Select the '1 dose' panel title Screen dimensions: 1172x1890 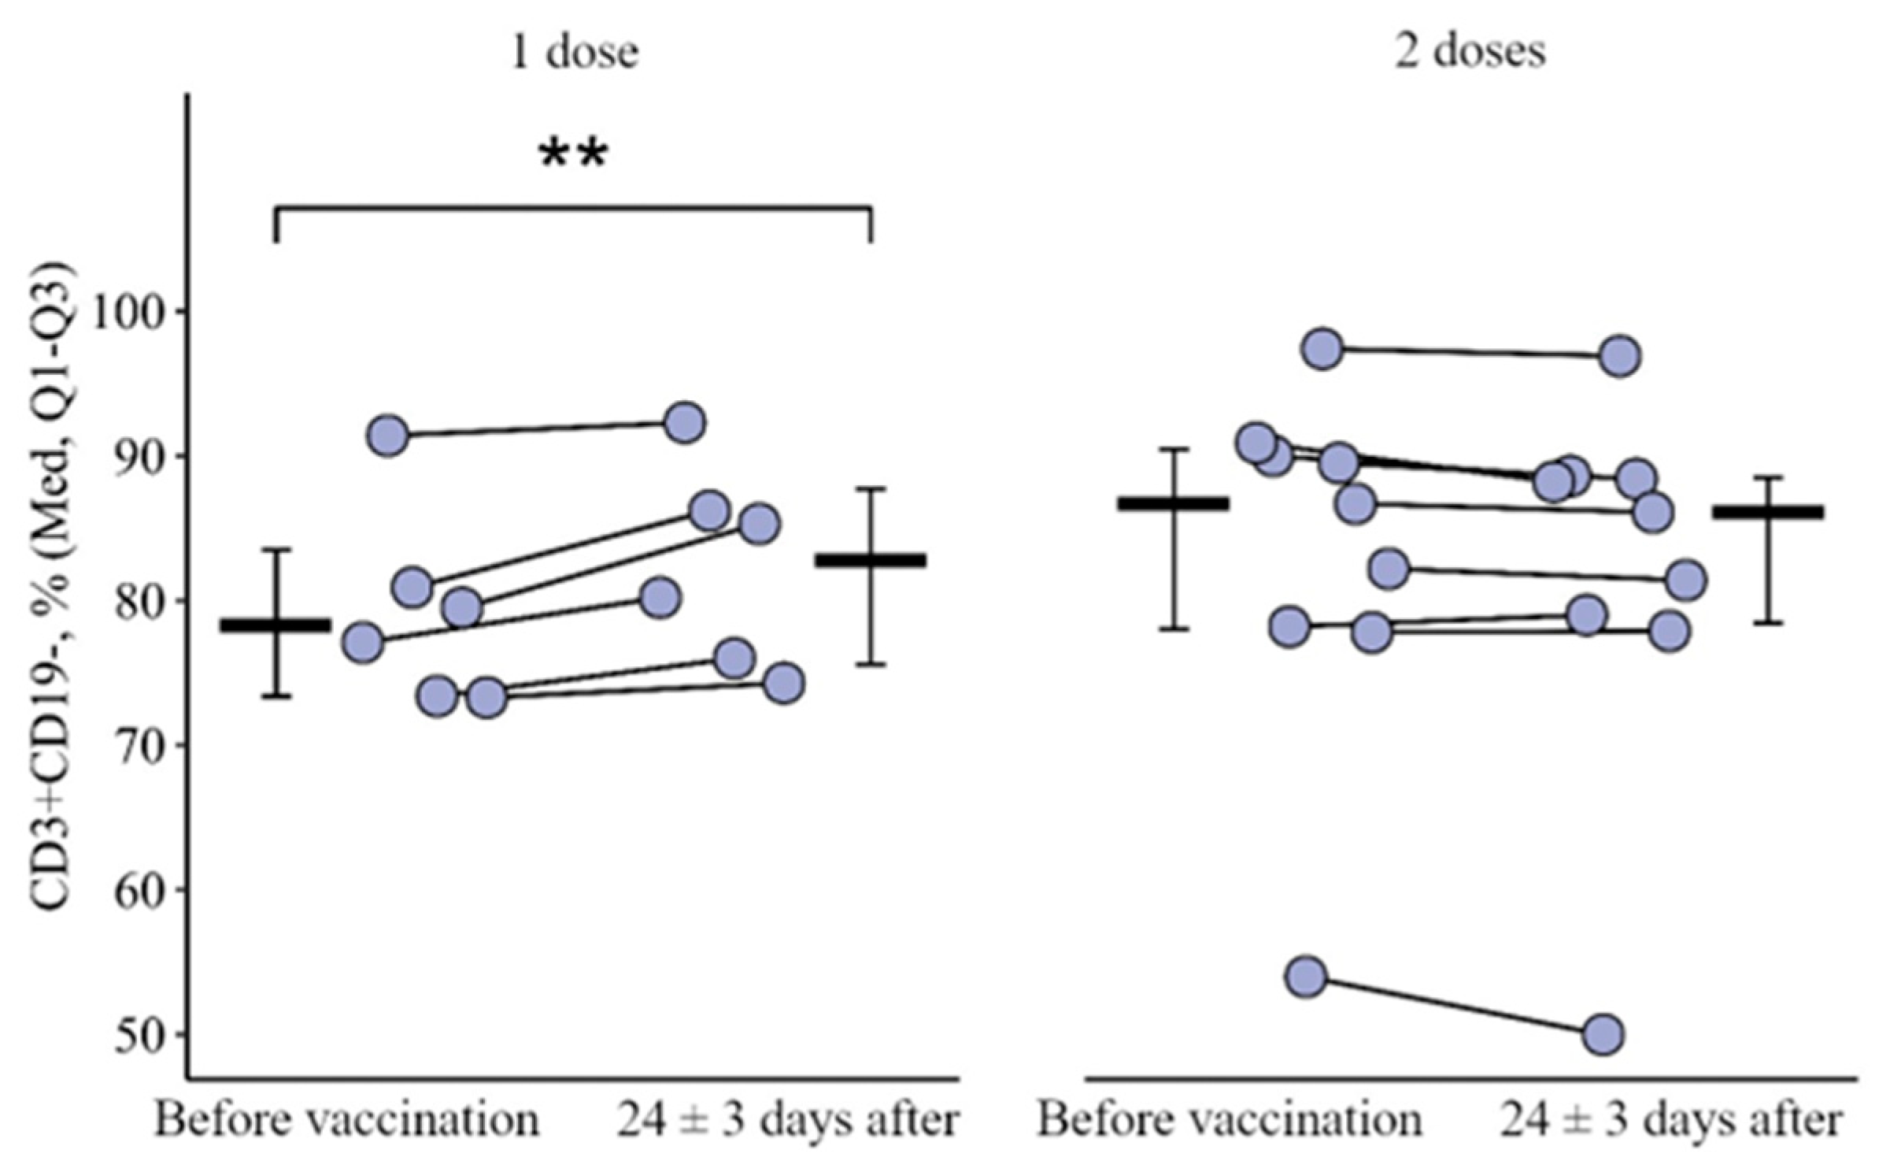coord(574,51)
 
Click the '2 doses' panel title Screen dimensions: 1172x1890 coord(1470,51)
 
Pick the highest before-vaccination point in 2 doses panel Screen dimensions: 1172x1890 coord(1323,348)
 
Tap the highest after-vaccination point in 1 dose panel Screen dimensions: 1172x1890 coord(685,423)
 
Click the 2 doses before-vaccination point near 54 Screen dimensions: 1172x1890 coord(1306,977)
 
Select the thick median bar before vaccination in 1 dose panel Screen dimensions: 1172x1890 coord(276,625)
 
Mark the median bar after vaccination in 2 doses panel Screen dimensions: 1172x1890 coord(1767,513)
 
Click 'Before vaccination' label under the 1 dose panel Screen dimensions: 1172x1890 coord(346,1120)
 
